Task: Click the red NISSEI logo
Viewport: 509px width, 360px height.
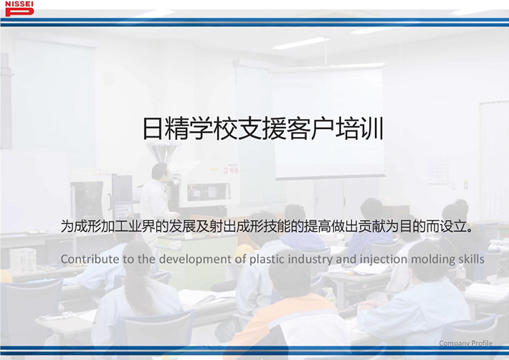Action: [x=19, y=9]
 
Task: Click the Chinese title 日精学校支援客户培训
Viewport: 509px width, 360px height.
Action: [x=263, y=129]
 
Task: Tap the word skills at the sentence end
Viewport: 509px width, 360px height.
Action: [x=472, y=259]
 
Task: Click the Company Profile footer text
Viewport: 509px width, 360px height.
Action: [x=465, y=343]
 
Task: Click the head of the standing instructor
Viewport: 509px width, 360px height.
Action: [x=160, y=171]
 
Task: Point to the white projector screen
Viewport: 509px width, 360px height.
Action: [x=328, y=122]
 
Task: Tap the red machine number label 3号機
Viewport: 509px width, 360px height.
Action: [x=231, y=170]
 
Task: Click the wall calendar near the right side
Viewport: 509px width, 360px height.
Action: [x=437, y=168]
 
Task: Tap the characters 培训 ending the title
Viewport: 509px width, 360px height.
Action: [x=360, y=129]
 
